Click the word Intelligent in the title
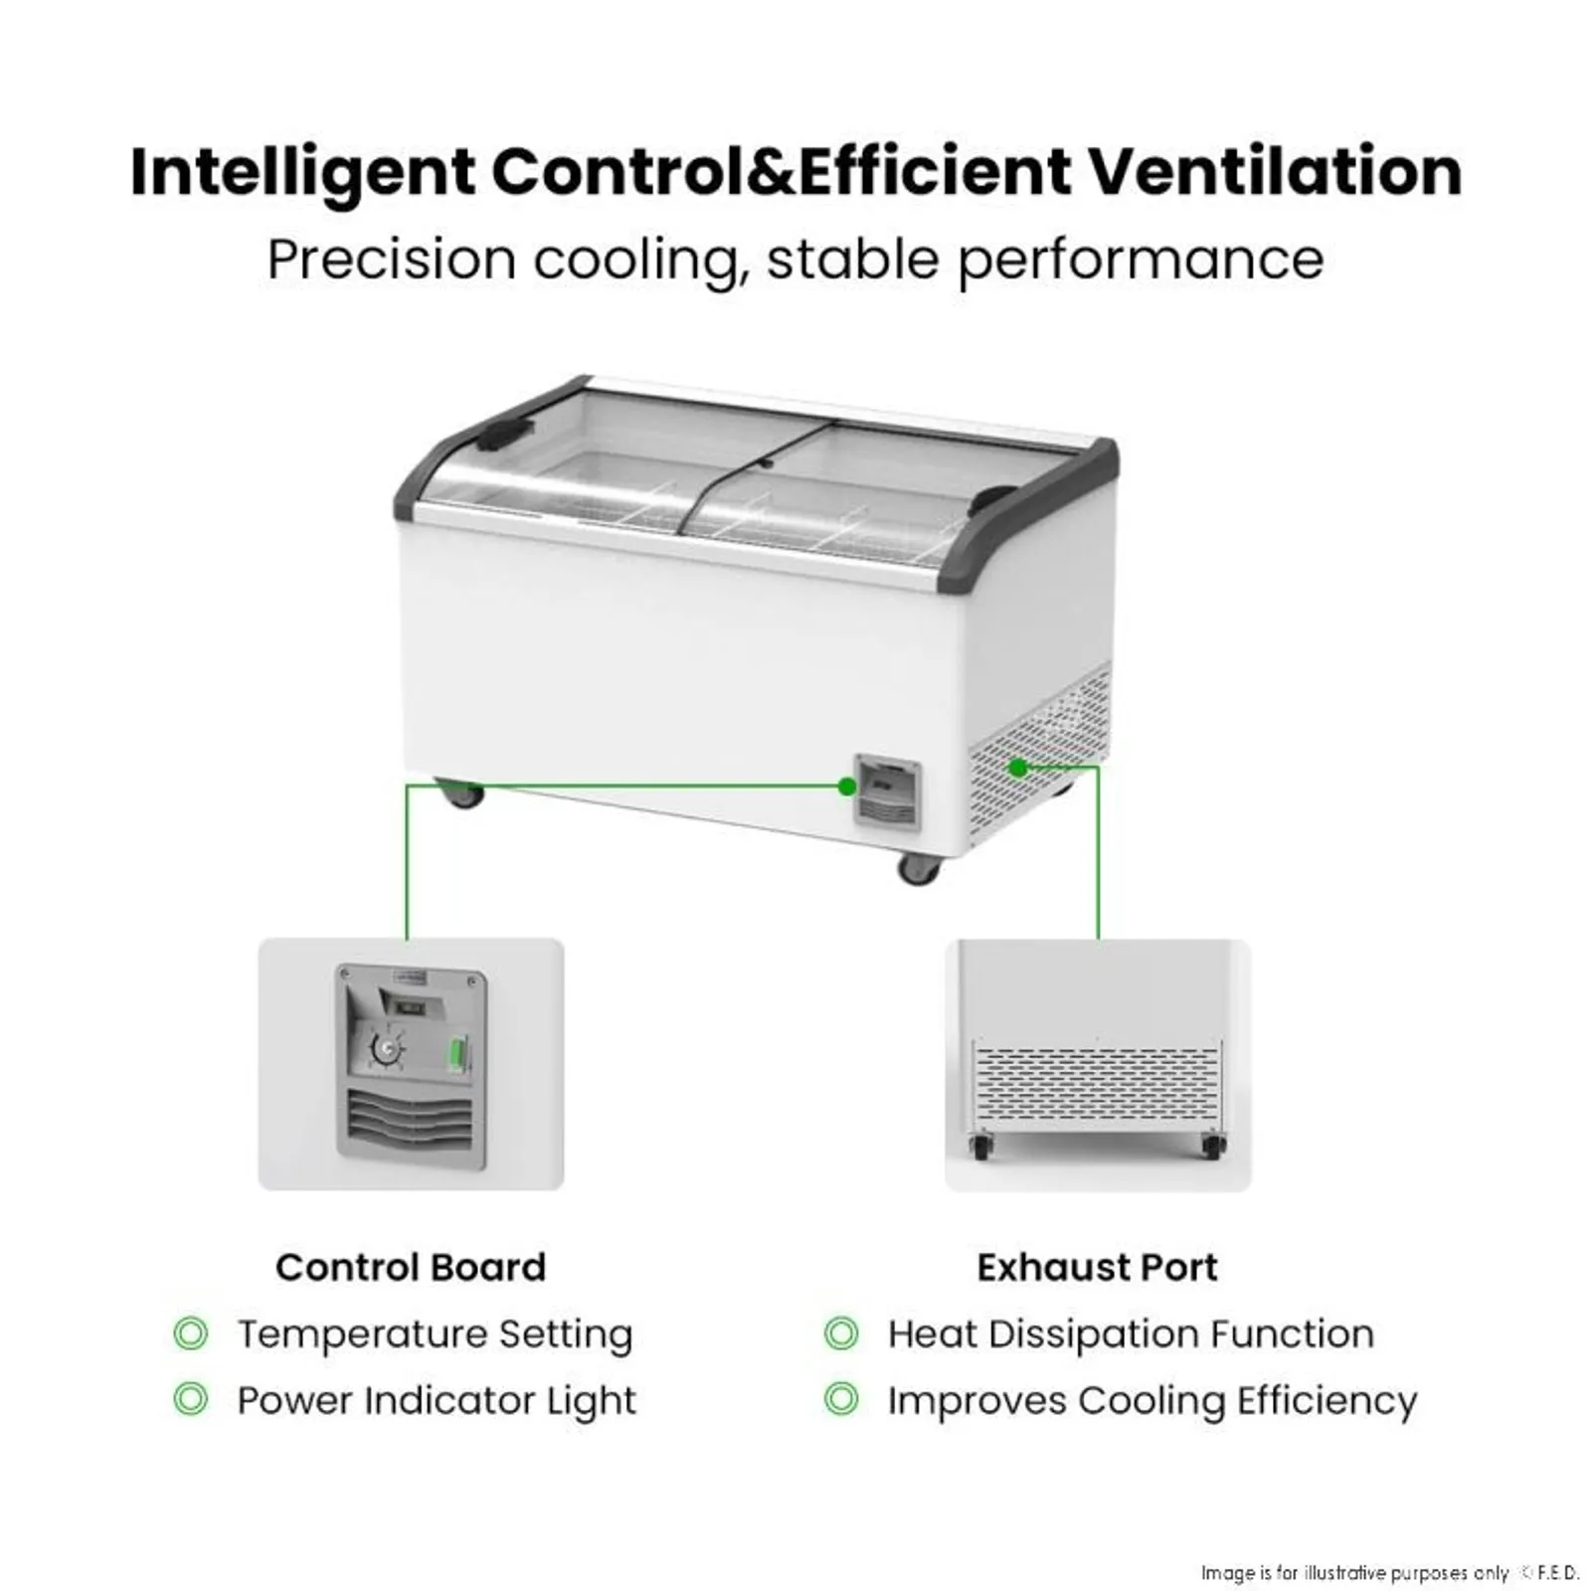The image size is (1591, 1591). tap(302, 173)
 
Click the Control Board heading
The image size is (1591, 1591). tap(411, 1267)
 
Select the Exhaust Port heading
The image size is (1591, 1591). tap(1097, 1267)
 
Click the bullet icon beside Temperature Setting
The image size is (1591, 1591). tap(191, 1333)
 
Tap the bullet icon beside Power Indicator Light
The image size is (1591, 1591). tap(191, 1399)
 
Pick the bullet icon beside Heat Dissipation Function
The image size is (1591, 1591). tap(841, 1333)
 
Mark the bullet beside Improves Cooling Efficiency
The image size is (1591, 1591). tap(841, 1399)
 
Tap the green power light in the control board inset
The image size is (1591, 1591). tap(458, 1053)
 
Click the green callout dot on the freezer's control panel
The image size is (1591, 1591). tap(847, 787)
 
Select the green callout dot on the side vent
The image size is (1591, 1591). tap(1017, 768)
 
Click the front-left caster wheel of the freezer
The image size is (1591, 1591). tap(460, 794)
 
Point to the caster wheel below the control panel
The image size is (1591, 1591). tap(918, 869)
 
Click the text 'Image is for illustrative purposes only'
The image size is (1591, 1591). tap(1354, 1572)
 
